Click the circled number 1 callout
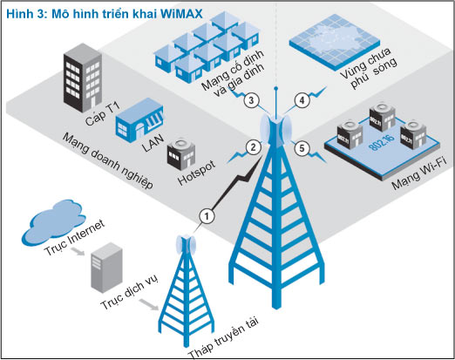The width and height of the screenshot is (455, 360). point(207,214)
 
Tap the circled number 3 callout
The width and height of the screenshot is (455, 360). point(251,100)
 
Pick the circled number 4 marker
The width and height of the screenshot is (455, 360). point(302,100)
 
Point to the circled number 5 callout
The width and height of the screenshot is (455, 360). point(302,147)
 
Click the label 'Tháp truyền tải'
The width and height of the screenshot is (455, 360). point(225,337)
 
